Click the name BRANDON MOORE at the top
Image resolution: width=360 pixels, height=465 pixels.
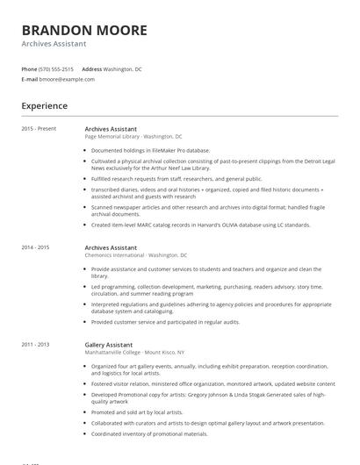pos(84,30)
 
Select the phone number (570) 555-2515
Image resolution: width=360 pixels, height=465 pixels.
pos(56,68)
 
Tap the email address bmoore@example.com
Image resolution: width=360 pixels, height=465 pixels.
pos(67,79)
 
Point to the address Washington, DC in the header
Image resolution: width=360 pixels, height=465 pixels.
pos(122,68)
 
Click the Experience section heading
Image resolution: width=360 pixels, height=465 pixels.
pos(45,106)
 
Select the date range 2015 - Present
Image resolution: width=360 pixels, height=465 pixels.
pos(39,128)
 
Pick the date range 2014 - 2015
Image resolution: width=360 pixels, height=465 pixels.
pos(36,247)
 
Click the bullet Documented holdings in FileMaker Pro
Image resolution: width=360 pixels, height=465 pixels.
pos(150,150)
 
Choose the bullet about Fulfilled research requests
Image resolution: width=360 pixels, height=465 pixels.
pos(176,178)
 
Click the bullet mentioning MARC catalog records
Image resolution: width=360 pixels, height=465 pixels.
pos(200,225)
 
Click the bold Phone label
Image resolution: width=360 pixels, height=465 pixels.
pos(29,68)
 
